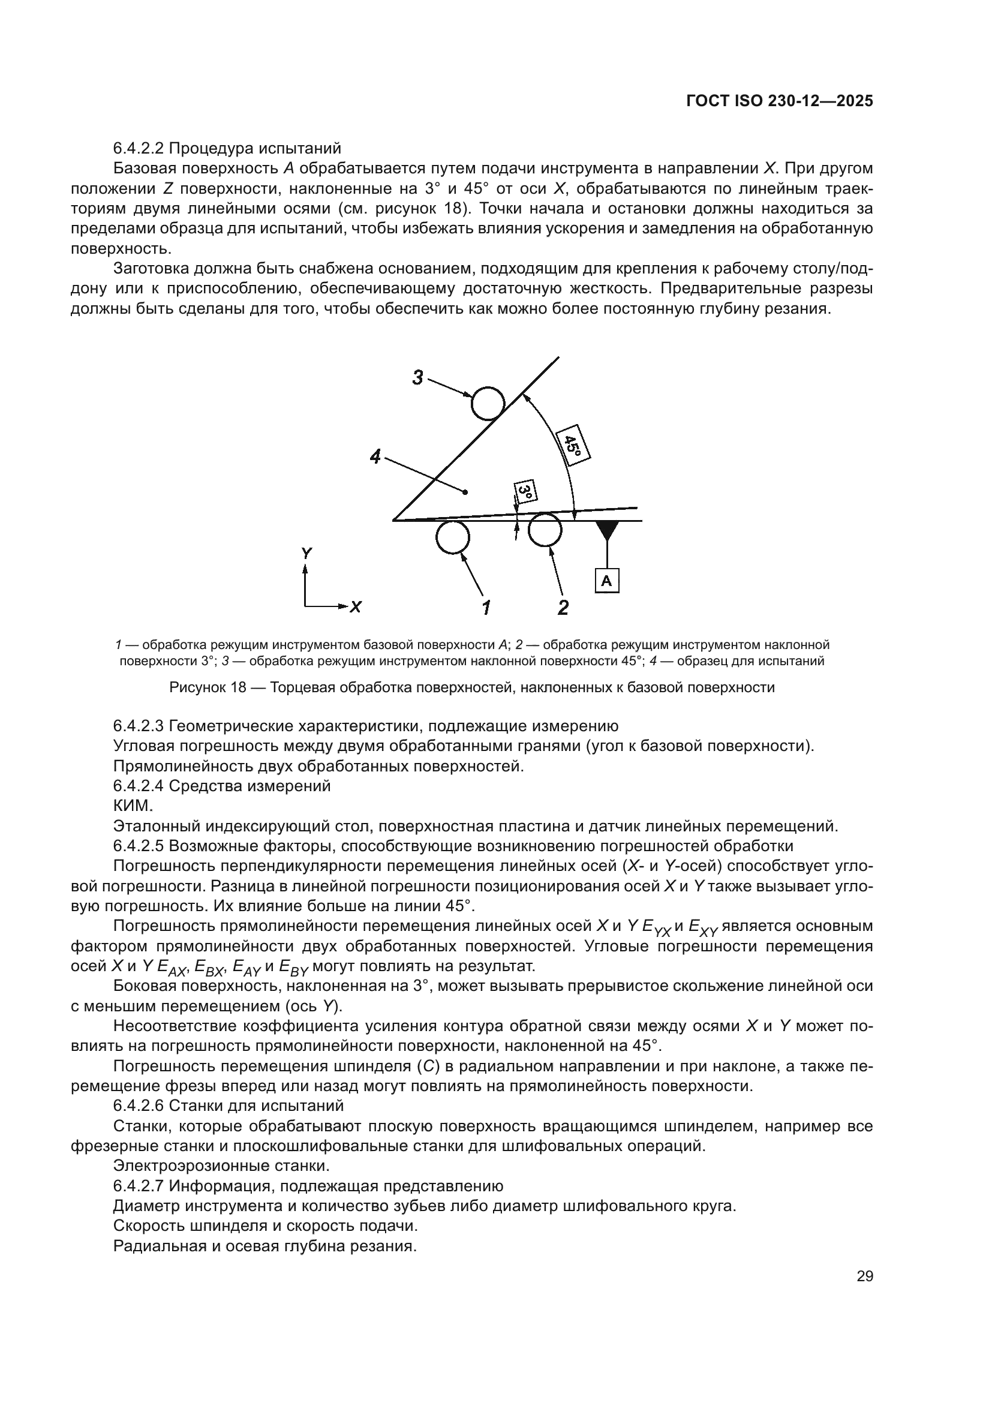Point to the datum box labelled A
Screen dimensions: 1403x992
[606, 581]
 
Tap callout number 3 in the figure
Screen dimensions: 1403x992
[418, 378]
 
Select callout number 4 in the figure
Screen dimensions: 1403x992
[375, 456]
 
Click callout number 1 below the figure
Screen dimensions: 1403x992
[486, 608]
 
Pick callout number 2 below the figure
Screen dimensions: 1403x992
[563, 608]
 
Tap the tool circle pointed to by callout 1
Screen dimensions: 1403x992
[453, 537]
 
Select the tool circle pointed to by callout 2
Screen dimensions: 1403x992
[545, 529]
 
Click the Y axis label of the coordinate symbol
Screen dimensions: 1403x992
[306, 554]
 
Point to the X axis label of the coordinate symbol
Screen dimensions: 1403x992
[356, 607]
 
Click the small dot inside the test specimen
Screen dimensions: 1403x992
[465, 492]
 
